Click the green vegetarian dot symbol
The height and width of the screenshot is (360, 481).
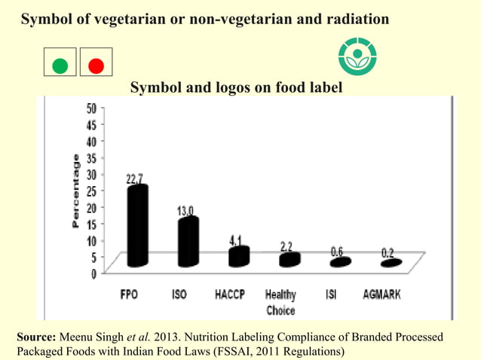pyautogui.click(x=60, y=66)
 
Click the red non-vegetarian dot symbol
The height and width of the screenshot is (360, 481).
pyautogui.click(x=96, y=66)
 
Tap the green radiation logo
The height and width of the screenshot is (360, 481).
pyautogui.click(x=357, y=56)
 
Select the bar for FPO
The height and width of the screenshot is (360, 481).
pyautogui.click(x=136, y=226)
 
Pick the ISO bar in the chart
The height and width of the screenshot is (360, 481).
pyautogui.click(x=188, y=241)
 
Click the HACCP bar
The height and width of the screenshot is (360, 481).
pyautogui.click(x=239, y=256)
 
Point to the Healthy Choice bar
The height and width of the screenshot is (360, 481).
pyautogui.click(x=290, y=260)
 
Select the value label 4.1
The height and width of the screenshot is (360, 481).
pyautogui.click(x=237, y=239)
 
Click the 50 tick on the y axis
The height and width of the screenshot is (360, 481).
pyautogui.click(x=90, y=108)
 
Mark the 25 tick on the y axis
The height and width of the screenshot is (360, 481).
pyautogui.click(x=90, y=191)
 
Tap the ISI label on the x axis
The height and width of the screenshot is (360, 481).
pyautogui.click(x=331, y=295)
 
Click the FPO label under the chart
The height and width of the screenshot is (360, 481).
pyautogui.click(x=129, y=295)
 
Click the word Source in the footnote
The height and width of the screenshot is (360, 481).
pyautogui.click(x=35, y=337)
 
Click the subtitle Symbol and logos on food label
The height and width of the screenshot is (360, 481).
pyautogui.click(x=237, y=88)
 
